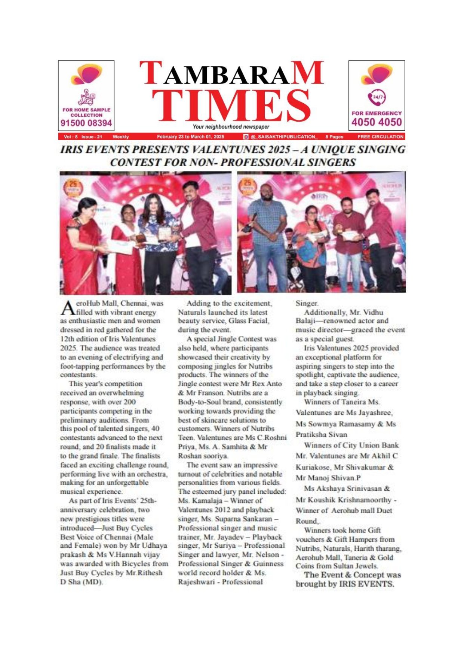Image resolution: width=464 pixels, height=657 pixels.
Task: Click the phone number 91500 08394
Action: pos(86,123)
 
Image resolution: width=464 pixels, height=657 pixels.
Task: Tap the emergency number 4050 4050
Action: pos(377,122)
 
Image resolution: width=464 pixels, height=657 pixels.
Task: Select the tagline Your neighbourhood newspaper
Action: pos(231,127)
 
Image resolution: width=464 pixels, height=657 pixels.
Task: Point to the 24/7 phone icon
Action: pos(376,98)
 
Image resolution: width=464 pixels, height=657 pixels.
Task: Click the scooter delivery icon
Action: pos(86,97)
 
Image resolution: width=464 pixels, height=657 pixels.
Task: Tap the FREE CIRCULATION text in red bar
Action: pos(380,137)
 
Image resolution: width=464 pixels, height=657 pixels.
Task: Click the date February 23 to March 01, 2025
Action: pos(191,137)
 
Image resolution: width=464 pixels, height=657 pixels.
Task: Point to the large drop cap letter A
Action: pos(67,308)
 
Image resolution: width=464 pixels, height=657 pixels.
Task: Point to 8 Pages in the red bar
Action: pos(334,137)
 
